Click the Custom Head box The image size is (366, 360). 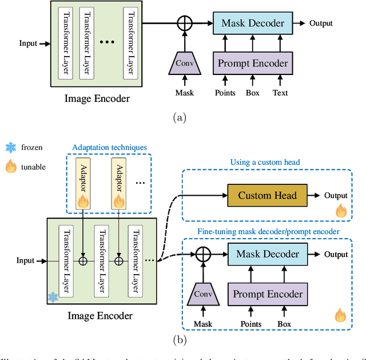[x=268, y=195]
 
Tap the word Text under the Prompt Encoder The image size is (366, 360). [x=280, y=93]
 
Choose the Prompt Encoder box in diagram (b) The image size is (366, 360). [x=266, y=294]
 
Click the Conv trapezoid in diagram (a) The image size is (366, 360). [x=184, y=64]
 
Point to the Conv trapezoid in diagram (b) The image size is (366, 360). [x=202, y=294]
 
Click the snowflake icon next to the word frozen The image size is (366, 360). [x=10, y=147]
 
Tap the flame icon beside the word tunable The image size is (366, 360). [x=10, y=167]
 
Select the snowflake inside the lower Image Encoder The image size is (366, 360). [x=53, y=296]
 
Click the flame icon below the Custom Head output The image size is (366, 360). [x=341, y=212]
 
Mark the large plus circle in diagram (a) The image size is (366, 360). [x=184, y=23]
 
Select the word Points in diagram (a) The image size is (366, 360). [x=225, y=93]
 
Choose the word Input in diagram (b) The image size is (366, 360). [x=26, y=261]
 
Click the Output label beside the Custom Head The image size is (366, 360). [x=336, y=195]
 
